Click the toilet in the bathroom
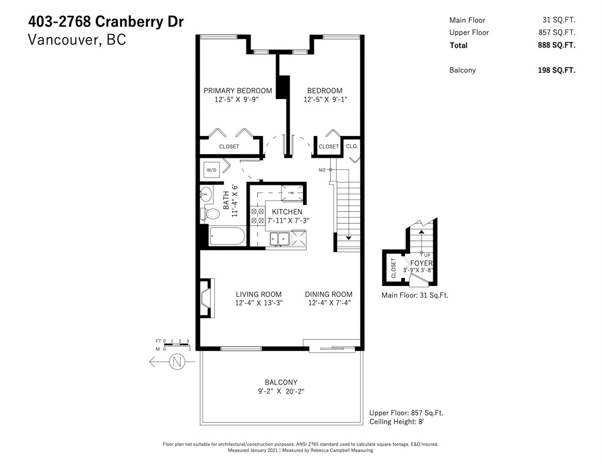(211, 214)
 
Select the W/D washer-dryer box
(212, 170)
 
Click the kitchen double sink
(280, 238)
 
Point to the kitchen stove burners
(257, 216)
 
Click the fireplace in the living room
(206, 299)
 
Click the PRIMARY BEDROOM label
(238, 91)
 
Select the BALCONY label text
(281, 383)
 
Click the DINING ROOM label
(329, 294)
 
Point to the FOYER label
(421, 263)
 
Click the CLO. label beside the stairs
(352, 146)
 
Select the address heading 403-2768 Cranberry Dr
(106, 22)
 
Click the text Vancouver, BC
(77, 40)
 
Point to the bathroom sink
(206, 195)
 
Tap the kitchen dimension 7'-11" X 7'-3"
(287, 220)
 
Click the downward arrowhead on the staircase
(349, 237)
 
